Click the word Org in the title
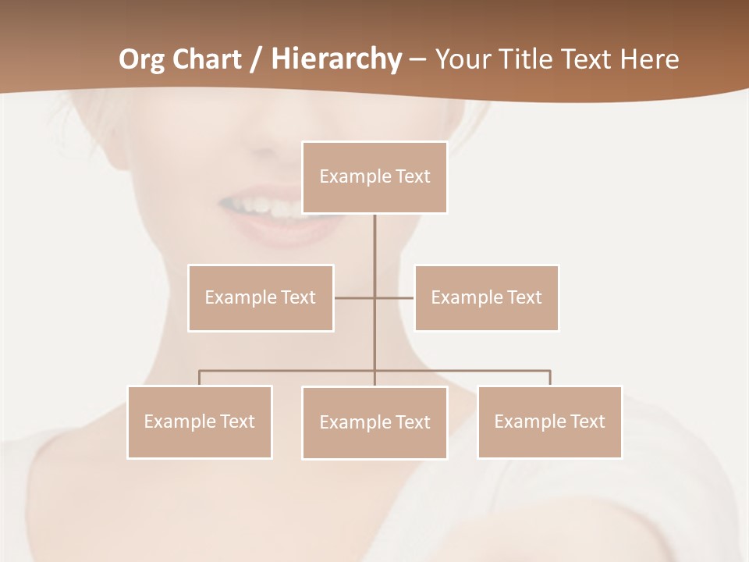pyautogui.click(x=141, y=59)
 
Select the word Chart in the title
pyautogui.click(x=204, y=59)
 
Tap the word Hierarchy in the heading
pyautogui.click(x=336, y=59)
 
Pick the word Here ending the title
pyautogui.click(x=649, y=59)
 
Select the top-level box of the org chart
pyautogui.click(x=374, y=177)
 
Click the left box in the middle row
pyautogui.click(x=261, y=298)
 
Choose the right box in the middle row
pyautogui.click(x=486, y=298)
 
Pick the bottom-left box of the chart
pyautogui.click(x=200, y=422)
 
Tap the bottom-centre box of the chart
pyautogui.click(x=374, y=423)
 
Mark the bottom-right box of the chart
pyautogui.click(x=549, y=422)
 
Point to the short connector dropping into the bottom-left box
pyautogui.click(x=200, y=378)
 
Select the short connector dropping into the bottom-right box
pyautogui.click(x=550, y=378)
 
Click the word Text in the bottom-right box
pyautogui.click(x=587, y=421)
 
